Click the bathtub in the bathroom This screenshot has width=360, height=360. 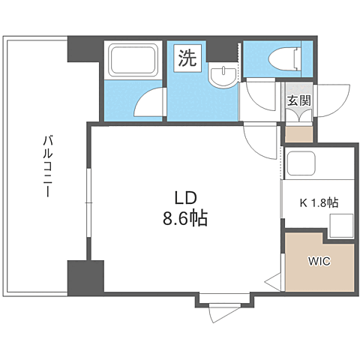tap(133, 59)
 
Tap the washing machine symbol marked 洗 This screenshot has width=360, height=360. tap(187, 58)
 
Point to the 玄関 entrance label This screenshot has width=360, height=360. tap(299, 100)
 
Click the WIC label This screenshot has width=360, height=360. tap(319, 262)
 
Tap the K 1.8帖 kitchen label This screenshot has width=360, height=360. tap(319, 202)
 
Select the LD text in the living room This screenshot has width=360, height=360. tap(185, 198)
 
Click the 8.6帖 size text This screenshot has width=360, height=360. tap(185, 218)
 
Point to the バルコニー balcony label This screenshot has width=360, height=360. tap(48, 166)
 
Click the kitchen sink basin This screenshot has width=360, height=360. tap(301, 163)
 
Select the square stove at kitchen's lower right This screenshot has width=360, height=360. tap(341, 226)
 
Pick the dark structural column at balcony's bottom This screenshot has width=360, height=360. tap(85, 277)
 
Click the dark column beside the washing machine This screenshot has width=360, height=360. tap(221, 51)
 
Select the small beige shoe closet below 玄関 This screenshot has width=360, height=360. tap(299, 135)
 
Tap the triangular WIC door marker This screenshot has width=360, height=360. tap(273, 282)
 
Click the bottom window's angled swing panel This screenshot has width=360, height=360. tap(222, 313)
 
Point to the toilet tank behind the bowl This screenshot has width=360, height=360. tap(298, 58)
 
